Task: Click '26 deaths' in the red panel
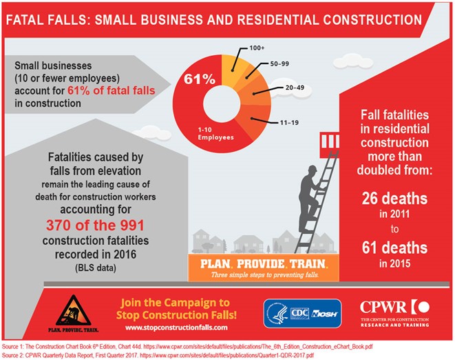(x=395, y=199)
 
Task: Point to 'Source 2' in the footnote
(x=16, y=354)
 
